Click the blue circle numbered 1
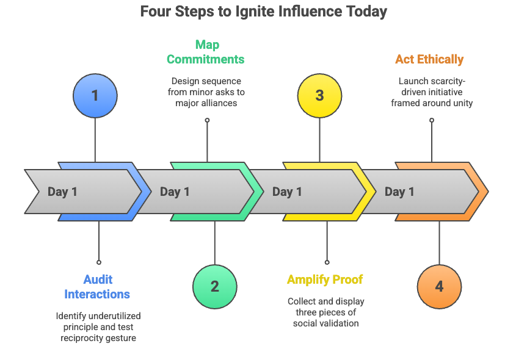coord(95,96)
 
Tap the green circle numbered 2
coord(214,286)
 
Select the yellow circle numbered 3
coord(319,96)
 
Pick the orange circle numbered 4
coord(439,286)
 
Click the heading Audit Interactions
coord(97,287)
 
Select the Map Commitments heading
coord(206,52)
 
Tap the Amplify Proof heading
coord(325,279)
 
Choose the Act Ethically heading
coord(429,59)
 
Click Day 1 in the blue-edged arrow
coord(62,192)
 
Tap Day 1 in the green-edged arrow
coord(175,192)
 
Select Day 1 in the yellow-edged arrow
coord(287,192)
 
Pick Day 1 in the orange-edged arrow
coord(399,192)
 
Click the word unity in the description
coord(462,103)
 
